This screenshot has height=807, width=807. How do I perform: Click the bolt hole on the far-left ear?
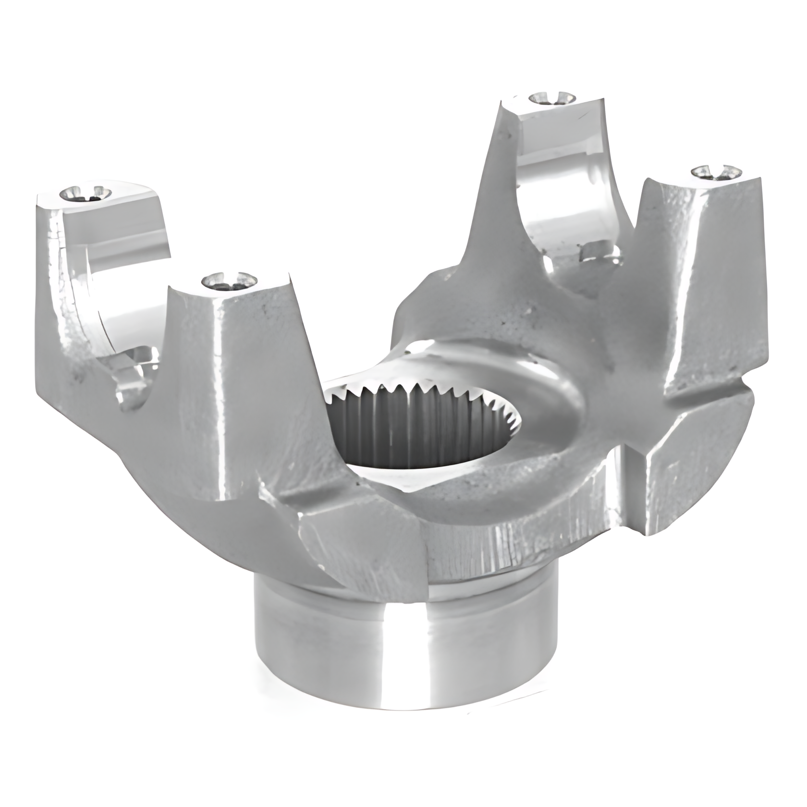86,193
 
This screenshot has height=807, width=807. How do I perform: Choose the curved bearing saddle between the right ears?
567,192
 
